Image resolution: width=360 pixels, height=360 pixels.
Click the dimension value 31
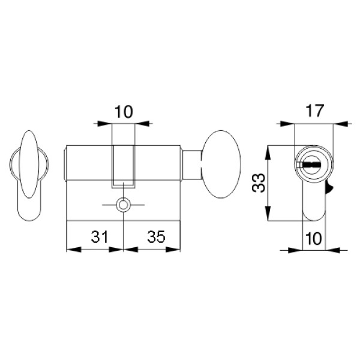99,237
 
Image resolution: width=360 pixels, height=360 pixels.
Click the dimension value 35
156,237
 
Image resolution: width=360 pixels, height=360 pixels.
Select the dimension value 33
259,183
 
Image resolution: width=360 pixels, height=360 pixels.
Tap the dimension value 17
314,111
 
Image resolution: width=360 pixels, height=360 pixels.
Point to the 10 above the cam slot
124,112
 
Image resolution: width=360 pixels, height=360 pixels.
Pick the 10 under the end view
314,239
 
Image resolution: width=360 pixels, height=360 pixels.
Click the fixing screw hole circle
124,205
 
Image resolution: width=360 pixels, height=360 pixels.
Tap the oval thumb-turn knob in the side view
221,164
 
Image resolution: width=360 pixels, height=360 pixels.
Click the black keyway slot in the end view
311,164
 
